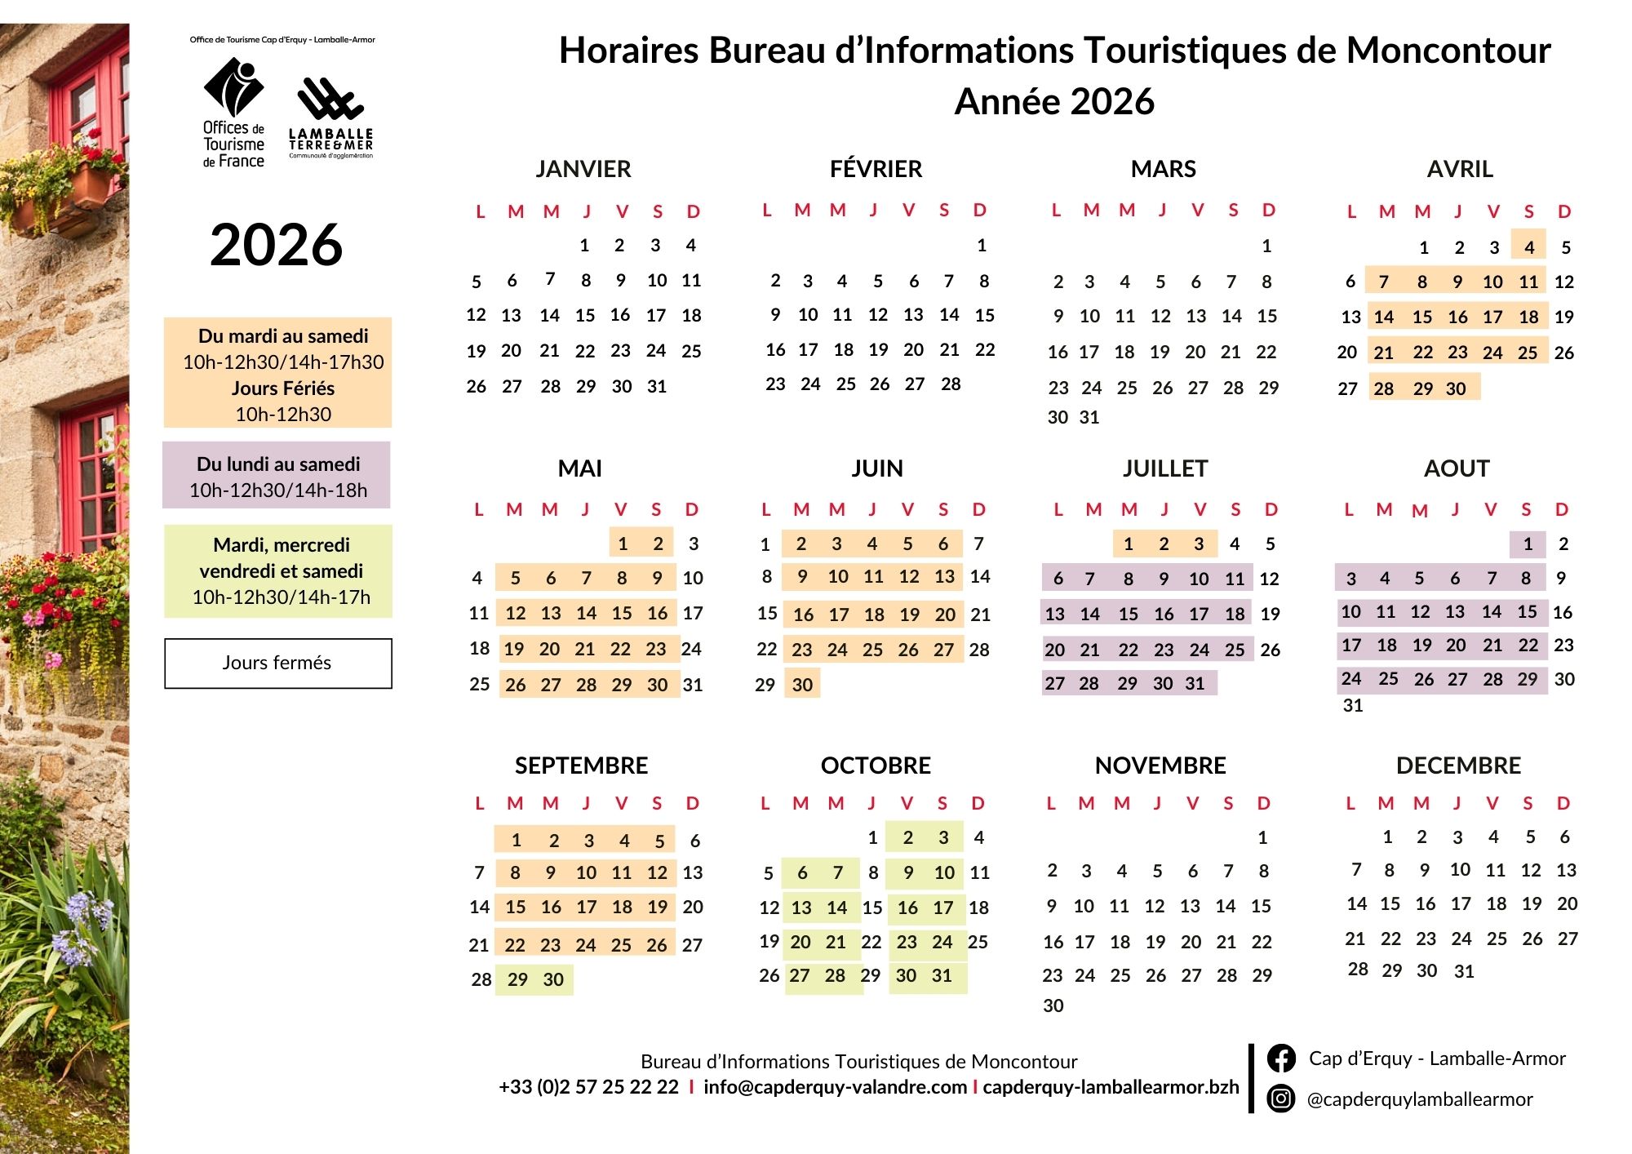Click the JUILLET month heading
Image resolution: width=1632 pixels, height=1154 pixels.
pyautogui.click(x=1164, y=468)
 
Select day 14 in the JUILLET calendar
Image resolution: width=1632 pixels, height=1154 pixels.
pyautogui.click(x=1090, y=614)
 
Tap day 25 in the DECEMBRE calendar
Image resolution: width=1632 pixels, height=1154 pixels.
pyautogui.click(x=1497, y=939)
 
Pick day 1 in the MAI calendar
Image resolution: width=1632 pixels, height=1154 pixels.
pyautogui.click(x=623, y=544)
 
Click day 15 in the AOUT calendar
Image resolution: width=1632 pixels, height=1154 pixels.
pyautogui.click(x=1528, y=611)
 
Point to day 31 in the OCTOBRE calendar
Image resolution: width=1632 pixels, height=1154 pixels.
pyautogui.click(x=942, y=975)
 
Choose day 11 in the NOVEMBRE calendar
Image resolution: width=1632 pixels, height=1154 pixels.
pyautogui.click(x=1119, y=906)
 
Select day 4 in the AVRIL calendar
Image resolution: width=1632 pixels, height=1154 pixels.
pyautogui.click(x=1529, y=247)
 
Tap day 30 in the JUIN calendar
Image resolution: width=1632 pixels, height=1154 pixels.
pyautogui.click(x=802, y=685)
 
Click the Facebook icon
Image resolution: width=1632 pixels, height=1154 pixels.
pyautogui.click(x=1281, y=1059)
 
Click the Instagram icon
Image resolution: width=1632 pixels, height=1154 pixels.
pyautogui.click(x=1281, y=1099)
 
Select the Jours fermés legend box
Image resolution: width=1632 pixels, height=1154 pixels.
pyautogui.click(x=277, y=663)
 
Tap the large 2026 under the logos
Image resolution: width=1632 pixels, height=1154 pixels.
pyautogui.click(x=276, y=245)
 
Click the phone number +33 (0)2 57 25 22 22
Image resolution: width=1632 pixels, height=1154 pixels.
pyautogui.click(x=588, y=1087)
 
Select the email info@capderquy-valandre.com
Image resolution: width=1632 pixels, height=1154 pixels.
pyautogui.click(x=835, y=1087)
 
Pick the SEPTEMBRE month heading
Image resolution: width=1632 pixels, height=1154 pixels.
pyautogui.click(x=581, y=766)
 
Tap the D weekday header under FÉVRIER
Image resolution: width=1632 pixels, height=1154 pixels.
pyautogui.click(x=979, y=211)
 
